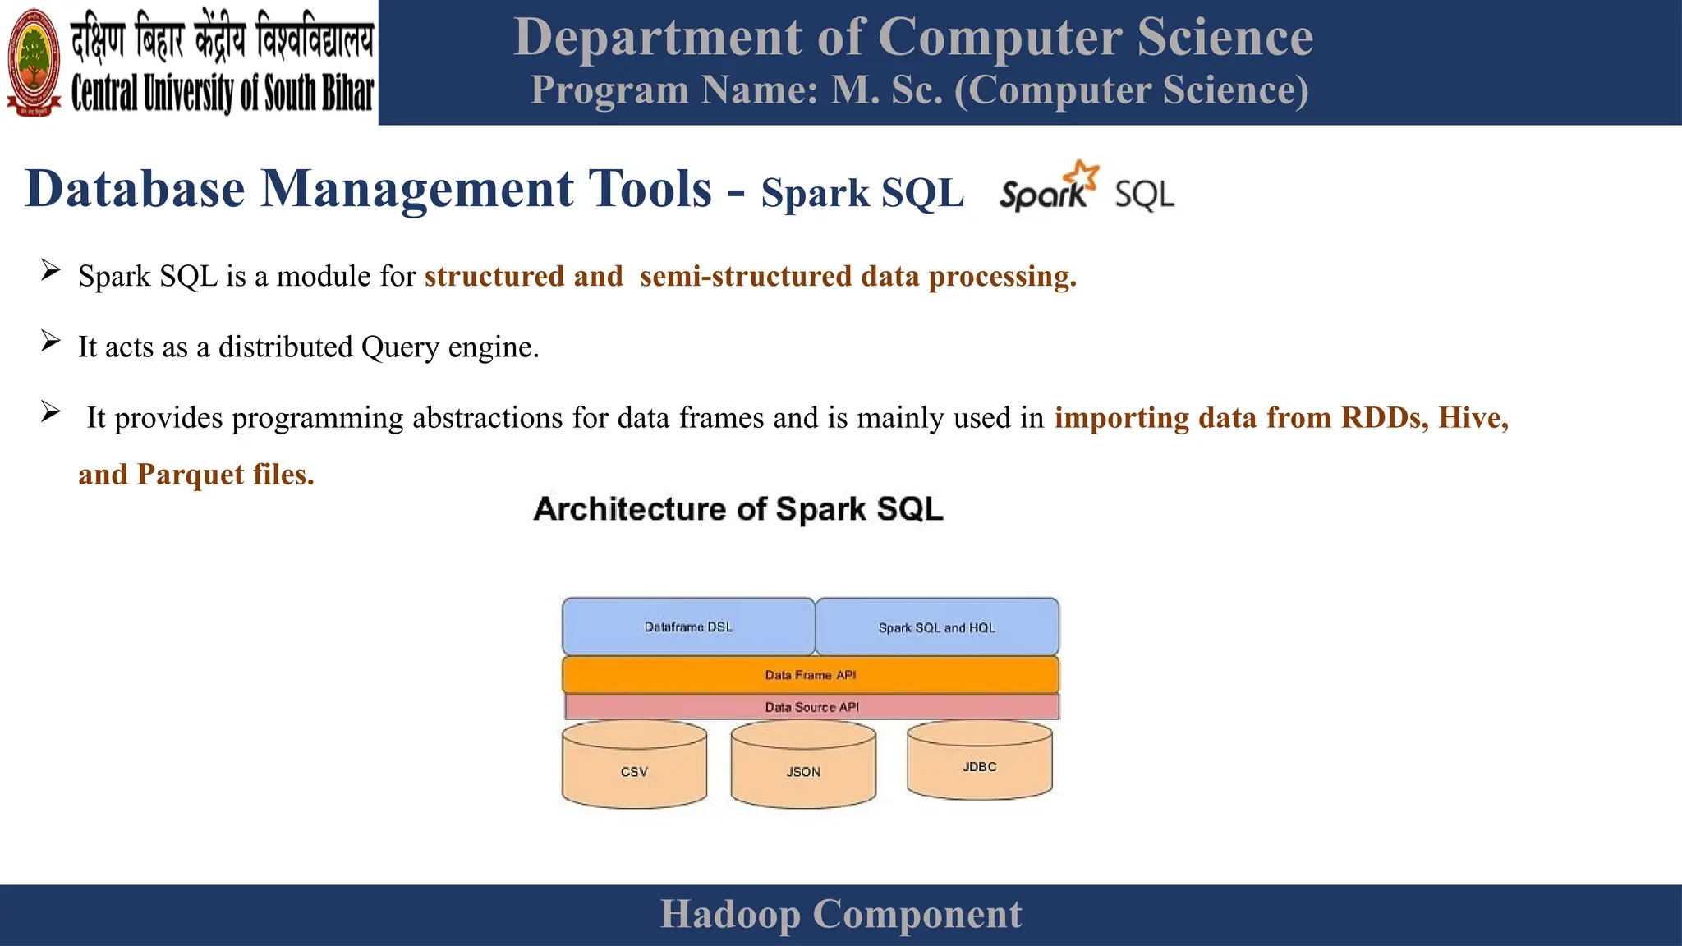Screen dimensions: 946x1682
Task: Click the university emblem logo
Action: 34,62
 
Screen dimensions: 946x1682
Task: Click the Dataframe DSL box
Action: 688,627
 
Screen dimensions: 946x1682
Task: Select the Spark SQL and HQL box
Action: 936,627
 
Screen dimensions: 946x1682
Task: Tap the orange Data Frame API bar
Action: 810,675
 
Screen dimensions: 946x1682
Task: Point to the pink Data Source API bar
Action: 811,707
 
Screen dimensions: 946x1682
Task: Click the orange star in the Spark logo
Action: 1082,175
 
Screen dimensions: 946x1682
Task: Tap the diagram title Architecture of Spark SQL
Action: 738,509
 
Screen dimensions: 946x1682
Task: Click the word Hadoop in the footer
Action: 729,915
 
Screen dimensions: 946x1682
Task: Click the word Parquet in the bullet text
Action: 191,475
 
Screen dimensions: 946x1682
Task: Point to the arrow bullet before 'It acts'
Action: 50,341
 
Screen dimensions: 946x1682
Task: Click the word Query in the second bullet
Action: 400,347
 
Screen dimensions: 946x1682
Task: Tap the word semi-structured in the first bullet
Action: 745,277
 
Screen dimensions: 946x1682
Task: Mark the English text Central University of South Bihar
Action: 222,93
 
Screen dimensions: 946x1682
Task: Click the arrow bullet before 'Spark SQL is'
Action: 50,270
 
